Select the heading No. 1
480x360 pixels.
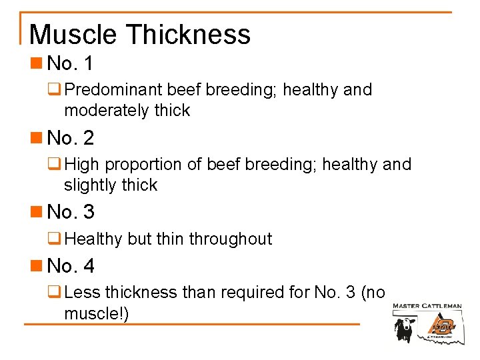point(71,64)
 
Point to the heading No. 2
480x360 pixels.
point(71,138)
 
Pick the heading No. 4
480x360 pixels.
point(71,266)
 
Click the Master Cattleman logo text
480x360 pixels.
point(427,307)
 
